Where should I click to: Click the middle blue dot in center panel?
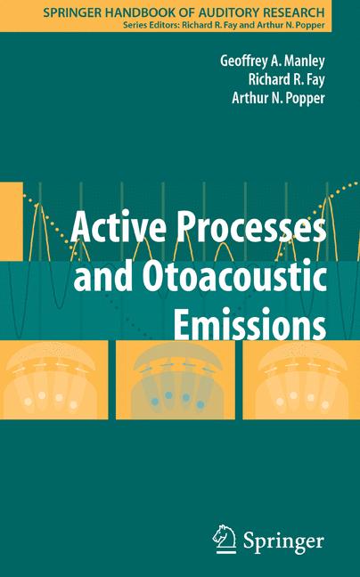click(x=170, y=396)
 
